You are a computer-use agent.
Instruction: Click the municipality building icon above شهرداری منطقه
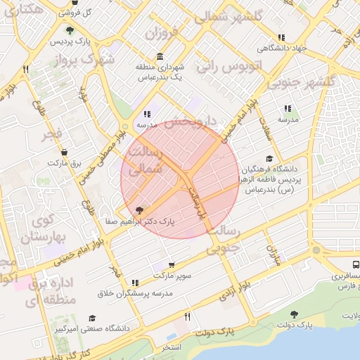pyautogui.click(x=161, y=57)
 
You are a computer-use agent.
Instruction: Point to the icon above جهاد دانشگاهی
pyautogui.click(x=281, y=37)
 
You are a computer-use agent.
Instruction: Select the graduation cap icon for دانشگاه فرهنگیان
pyautogui.click(x=269, y=159)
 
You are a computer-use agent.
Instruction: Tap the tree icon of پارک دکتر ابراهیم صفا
pyautogui.click(x=139, y=210)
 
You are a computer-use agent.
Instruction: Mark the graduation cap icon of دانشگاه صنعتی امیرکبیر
pyautogui.click(x=92, y=318)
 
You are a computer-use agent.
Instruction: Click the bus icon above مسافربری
pyautogui.click(x=356, y=265)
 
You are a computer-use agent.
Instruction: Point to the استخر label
pyautogui.click(x=171, y=348)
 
